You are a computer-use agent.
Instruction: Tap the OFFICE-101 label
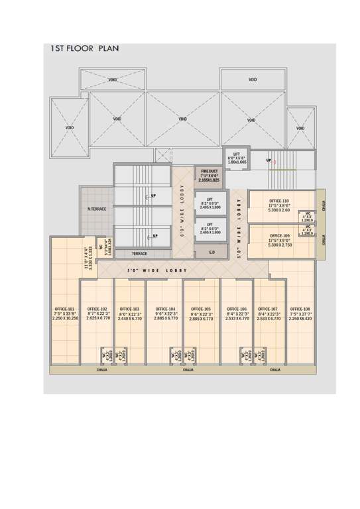coord(65,309)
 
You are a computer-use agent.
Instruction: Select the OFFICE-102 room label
coord(97,309)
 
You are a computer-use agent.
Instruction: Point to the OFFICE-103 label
coord(130,309)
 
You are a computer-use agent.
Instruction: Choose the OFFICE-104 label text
coord(165,309)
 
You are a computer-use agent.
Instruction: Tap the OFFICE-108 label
coord(300,309)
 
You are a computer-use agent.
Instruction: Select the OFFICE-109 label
coord(280,235)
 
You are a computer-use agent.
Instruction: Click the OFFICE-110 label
coord(279,201)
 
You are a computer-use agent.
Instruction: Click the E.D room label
coord(211,252)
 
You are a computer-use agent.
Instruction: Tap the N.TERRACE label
coord(97,209)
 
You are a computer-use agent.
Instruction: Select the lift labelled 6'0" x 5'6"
coord(237,158)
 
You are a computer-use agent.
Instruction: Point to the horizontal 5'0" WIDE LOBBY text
coord(157,270)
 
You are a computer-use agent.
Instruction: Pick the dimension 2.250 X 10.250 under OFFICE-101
coord(65,319)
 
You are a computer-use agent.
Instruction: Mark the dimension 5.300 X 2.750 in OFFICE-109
coord(280,245)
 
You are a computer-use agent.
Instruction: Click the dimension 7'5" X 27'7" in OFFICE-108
coord(300,314)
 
